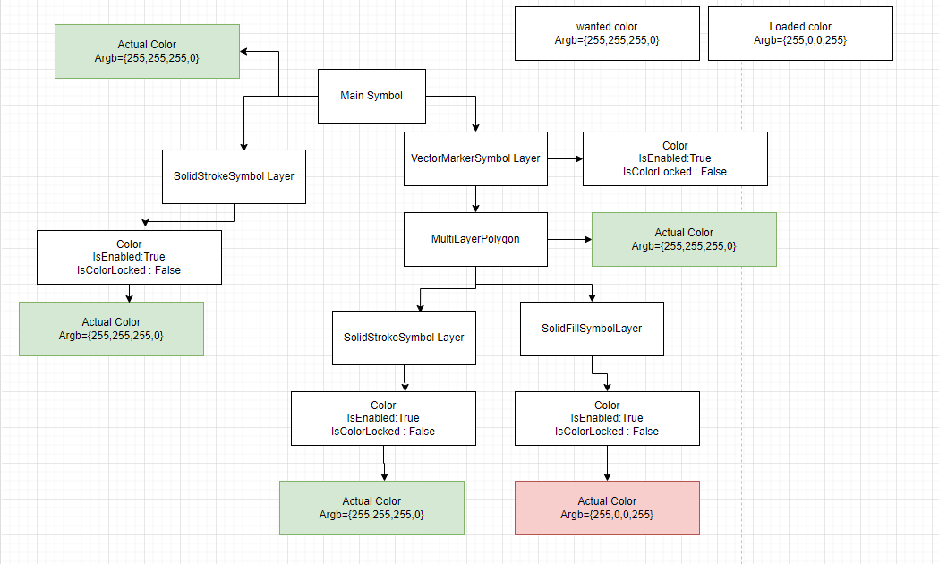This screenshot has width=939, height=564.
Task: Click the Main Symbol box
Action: [x=371, y=96]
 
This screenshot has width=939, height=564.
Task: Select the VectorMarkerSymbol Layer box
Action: [x=475, y=158]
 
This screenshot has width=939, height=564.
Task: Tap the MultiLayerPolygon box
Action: [x=475, y=239]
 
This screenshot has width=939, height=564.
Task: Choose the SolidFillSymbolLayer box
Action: [x=592, y=329]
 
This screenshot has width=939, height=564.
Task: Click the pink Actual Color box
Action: [x=607, y=508]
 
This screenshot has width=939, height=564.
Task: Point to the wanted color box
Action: [x=607, y=34]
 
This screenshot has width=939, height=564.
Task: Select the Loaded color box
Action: [x=800, y=34]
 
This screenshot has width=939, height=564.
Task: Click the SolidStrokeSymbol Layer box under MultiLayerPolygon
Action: [x=404, y=338]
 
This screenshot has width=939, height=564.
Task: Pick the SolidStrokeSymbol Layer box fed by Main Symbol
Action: [x=234, y=176]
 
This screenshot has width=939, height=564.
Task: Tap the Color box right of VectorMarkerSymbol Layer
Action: [x=675, y=158]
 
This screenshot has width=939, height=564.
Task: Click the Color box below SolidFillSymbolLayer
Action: [x=607, y=418]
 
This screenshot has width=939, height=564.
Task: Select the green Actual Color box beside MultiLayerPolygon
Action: [x=684, y=239]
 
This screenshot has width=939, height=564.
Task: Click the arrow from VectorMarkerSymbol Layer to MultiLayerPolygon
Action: [x=475, y=199]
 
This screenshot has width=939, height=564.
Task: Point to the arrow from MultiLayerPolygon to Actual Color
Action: [x=569, y=239]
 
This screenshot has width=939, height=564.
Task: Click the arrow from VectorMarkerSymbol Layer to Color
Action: [x=565, y=158]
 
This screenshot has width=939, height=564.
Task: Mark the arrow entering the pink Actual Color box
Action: [x=608, y=463]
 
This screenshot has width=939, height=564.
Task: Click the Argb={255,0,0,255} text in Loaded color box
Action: [x=800, y=40]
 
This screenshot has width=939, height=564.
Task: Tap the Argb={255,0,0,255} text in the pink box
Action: [x=607, y=515]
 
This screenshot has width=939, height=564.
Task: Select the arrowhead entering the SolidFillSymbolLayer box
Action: [x=592, y=297]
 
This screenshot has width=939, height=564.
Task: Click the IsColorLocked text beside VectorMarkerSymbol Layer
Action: [x=675, y=172]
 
